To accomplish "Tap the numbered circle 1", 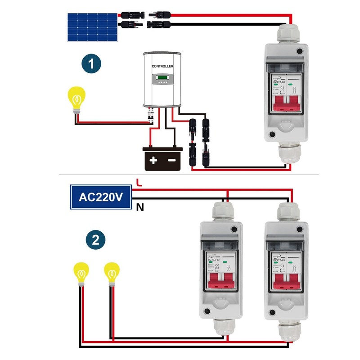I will pyautogui.click(x=92, y=64).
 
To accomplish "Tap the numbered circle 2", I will pyautogui.click(x=95, y=240).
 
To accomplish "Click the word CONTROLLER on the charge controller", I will pyautogui.click(x=162, y=66).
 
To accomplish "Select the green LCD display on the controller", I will pyautogui.click(x=162, y=79).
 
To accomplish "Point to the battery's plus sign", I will pyautogui.click(x=153, y=160).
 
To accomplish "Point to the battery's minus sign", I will pyautogui.click(x=172, y=160).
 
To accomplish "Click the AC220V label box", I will pyautogui.click(x=100, y=197).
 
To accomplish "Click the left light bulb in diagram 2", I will pyautogui.click(x=81, y=273).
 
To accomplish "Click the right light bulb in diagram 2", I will pyautogui.click(x=111, y=273).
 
